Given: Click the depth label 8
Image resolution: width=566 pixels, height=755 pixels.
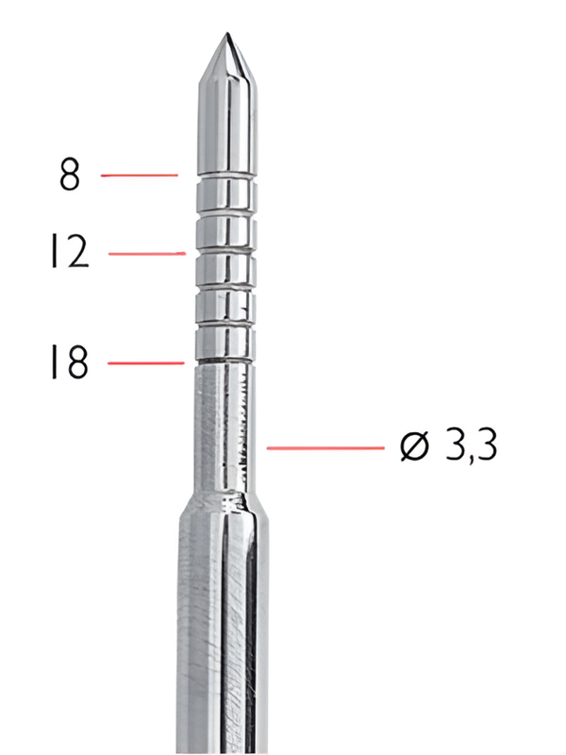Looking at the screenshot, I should pos(70,176).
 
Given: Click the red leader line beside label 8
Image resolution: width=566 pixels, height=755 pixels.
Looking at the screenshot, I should pos(139,175).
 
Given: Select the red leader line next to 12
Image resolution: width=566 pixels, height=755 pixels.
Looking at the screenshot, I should pos(146,253).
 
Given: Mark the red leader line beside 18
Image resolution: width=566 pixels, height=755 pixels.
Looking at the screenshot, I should pos(145,362).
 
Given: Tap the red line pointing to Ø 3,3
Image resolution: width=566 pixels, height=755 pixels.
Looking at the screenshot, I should pos(326,447).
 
